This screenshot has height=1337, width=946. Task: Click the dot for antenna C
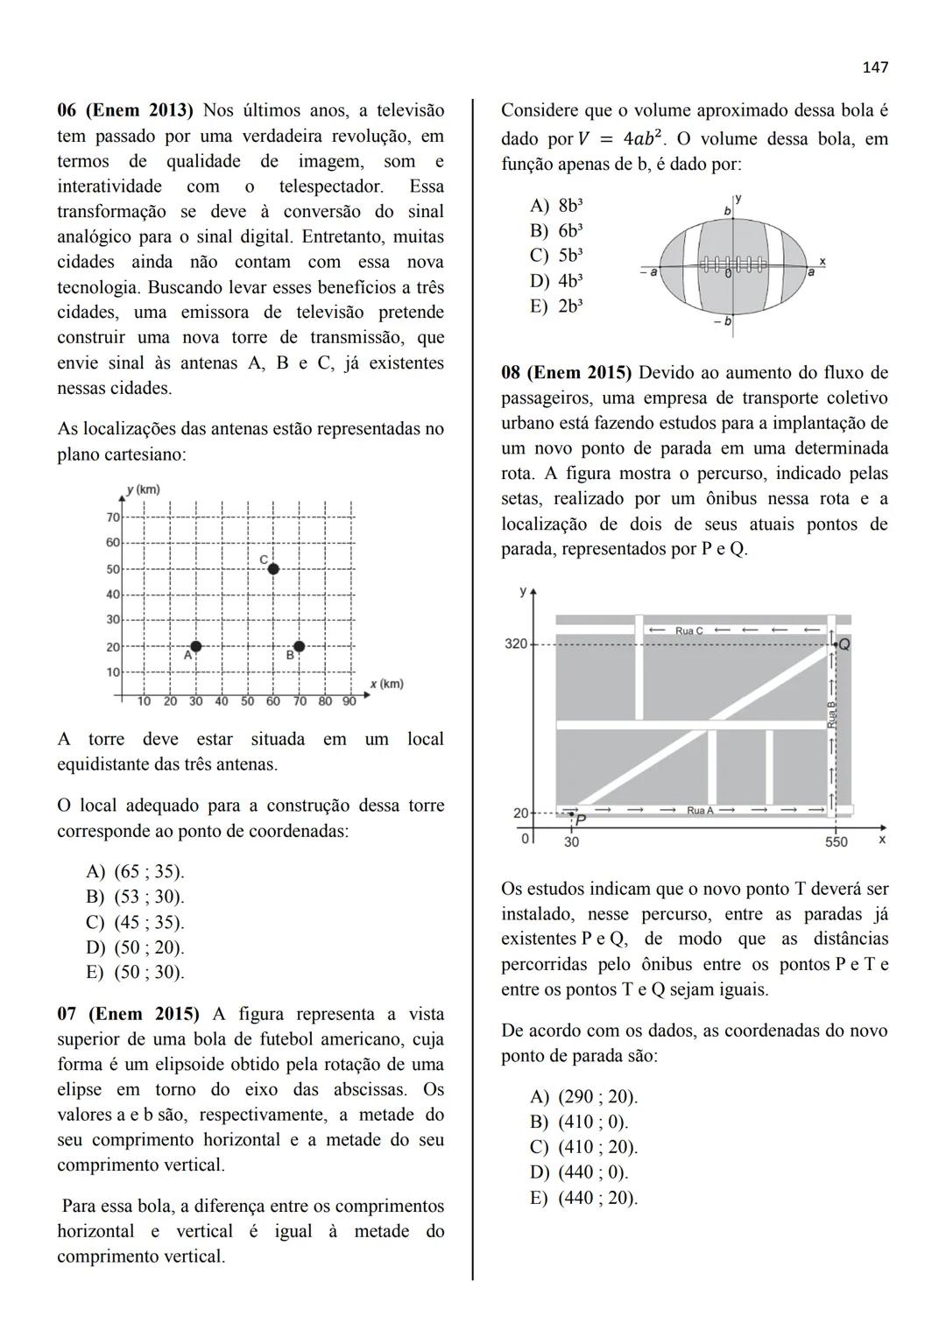click(x=273, y=569)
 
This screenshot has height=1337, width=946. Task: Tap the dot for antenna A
click(x=196, y=646)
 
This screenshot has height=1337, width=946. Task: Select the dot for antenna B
click(x=300, y=646)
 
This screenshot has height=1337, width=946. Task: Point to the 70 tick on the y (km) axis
click(x=113, y=517)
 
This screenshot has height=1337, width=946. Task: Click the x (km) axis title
click(x=386, y=684)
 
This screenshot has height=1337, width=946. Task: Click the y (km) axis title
click(x=144, y=489)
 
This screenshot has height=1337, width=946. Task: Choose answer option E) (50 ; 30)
click(x=136, y=973)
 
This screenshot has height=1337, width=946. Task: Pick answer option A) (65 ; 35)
click(x=136, y=872)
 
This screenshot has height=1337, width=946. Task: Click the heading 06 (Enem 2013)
click(x=124, y=111)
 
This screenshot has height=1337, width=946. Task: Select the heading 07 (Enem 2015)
click(x=128, y=1014)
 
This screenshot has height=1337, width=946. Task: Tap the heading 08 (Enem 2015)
click(x=566, y=373)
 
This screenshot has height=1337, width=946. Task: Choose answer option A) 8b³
click(x=557, y=206)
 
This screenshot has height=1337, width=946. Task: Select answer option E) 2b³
click(x=557, y=306)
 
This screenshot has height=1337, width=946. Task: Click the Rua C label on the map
click(x=689, y=630)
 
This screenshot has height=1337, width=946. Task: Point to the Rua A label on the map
click(x=700, y=811)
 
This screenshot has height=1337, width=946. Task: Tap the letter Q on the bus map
click(x=844, y=644)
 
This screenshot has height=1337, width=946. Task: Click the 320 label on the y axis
click(x=516, y=644)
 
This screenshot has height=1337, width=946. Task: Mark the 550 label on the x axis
click(x=837, y=842)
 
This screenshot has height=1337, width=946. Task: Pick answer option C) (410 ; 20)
click(x=584, y=1148)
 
